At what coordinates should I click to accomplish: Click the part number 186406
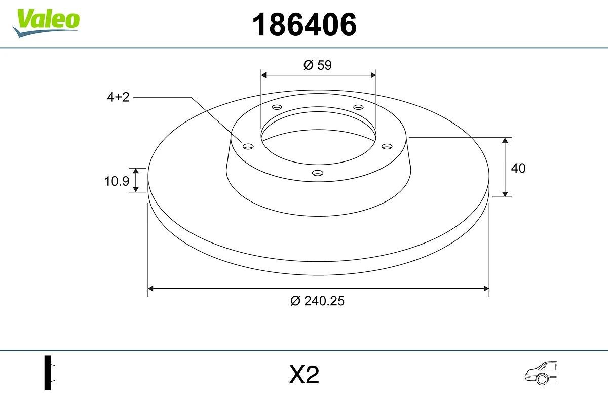click(x=305, y=24)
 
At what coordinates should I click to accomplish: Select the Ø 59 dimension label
click(x=318, y=65)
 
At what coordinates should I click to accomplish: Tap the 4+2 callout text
click(x=118, y=97)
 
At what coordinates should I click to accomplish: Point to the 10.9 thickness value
click(x=117, y=181)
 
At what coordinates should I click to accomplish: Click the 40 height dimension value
click(x=518, y=168)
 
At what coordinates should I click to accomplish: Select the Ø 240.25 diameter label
click(x=318, y=301)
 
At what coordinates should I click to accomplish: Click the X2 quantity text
click(x=304, y=375)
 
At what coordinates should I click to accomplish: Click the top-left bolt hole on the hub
click(x=277, y=107)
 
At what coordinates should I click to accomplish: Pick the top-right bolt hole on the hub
click(x=359, y=107)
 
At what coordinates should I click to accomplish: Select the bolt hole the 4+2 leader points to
click(x=248, y=146)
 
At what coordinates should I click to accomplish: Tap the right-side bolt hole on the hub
click(x=387, y=146)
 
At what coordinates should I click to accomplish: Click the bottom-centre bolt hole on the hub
click(x=318, y=173)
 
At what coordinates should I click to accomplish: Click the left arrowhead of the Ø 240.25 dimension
click(x=150, y=289)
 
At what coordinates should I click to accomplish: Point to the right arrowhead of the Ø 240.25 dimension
click(x=486, y=289)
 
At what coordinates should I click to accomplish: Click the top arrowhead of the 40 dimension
click(x=505, y=140)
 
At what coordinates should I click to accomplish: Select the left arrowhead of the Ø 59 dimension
click(x=263, y=75)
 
